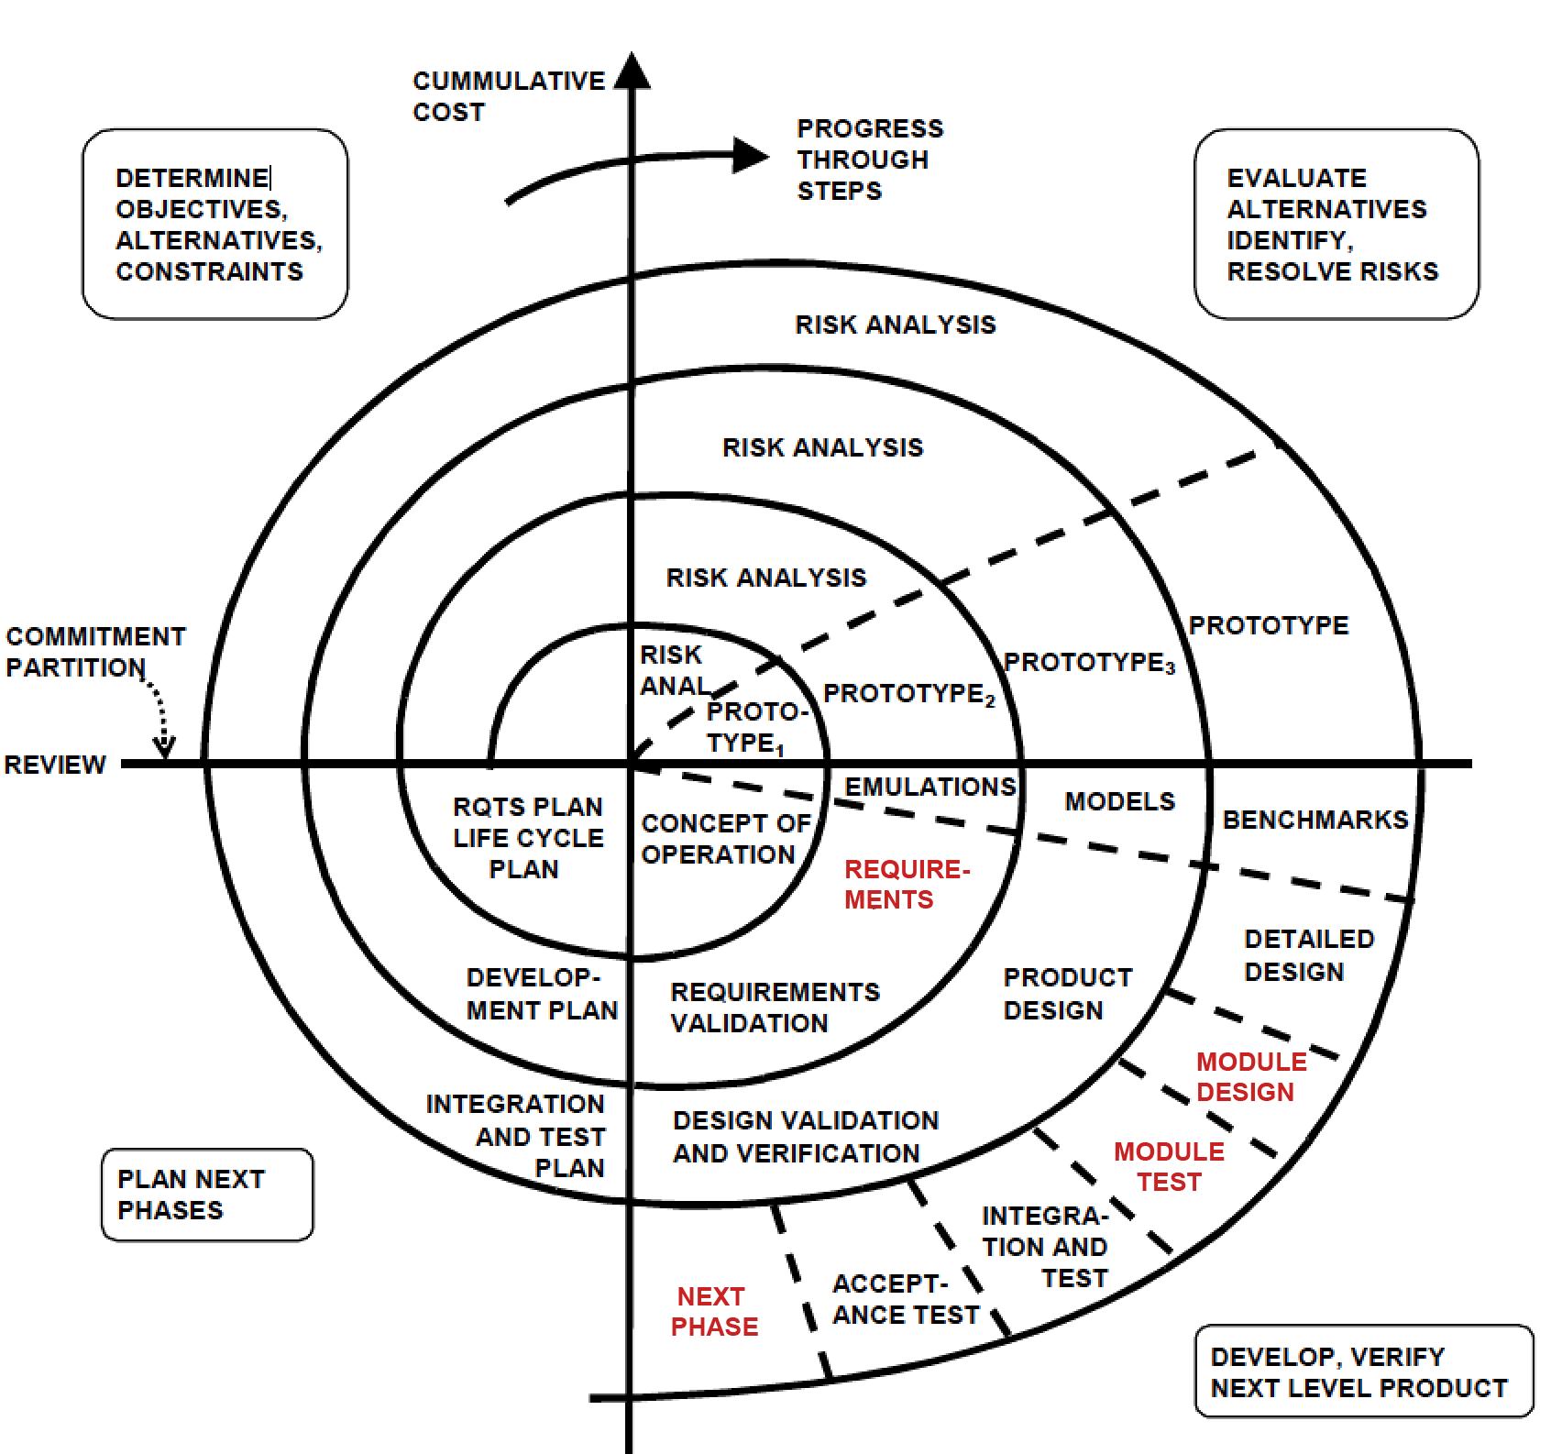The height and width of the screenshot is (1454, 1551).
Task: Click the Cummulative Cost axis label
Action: [x=508, y=96]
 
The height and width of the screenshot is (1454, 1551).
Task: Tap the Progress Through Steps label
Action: [x=868, y=160]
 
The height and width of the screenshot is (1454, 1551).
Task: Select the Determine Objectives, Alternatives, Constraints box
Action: [x=215, y=224]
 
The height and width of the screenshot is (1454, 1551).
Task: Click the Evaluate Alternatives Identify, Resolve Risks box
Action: [x=1336, y=224]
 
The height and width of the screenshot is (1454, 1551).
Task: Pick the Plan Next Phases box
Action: [x=207, y=1194]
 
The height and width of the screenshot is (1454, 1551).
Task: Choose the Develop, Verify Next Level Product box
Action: [x=1363, y=1371]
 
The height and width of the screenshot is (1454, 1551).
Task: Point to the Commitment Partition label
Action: [x=94, y=652]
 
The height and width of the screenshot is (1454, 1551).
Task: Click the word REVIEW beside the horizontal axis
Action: [x=55, y=765]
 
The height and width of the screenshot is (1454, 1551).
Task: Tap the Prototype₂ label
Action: [x=907, y=694]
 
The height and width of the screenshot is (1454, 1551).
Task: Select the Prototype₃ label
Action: [x=1088, y=663]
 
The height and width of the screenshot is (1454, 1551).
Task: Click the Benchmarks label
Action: [x=1314, y=820]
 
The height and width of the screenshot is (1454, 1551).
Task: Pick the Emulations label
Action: [x=929, y=787]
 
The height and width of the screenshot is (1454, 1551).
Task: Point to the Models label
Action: [x=1119, y=801]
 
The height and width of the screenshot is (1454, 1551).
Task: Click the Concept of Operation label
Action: [x=725, y=839]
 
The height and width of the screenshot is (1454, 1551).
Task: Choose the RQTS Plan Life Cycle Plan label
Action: [x=527, y=838]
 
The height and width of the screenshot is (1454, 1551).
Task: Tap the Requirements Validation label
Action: [x=775, y=1008]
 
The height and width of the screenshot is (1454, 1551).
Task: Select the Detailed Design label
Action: [x=1308, y=955]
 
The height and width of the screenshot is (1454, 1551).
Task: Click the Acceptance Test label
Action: [x=904, y=1299]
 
